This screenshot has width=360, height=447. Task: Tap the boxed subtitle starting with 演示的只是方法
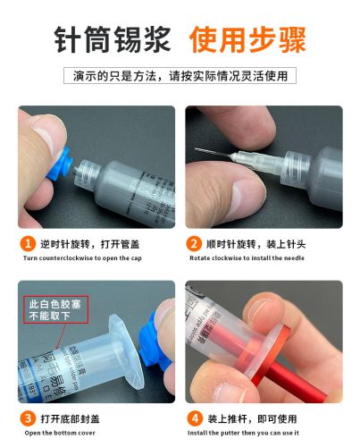180,76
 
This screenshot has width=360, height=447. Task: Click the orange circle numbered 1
29,242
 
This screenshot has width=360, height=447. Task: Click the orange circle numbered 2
194,242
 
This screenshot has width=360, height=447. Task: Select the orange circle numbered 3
29,417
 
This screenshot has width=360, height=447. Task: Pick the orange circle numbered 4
194,417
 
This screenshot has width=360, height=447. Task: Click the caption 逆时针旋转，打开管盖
96,242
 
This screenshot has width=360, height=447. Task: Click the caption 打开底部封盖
76,417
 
